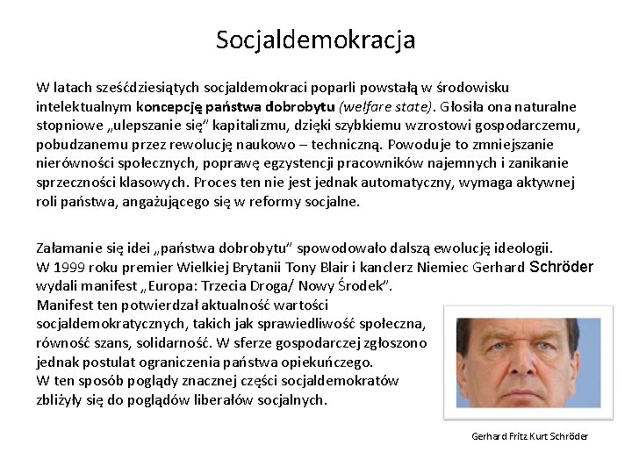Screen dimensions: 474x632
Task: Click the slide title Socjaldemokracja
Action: tap(316, 40)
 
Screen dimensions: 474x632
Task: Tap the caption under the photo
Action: tap(529, 436)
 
